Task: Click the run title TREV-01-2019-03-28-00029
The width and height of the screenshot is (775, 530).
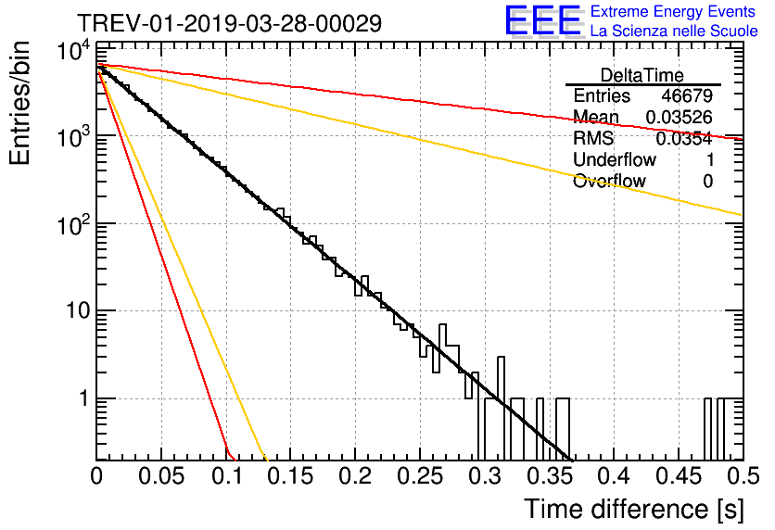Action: coord(229,23)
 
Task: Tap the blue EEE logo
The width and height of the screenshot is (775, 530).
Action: coord(543,20)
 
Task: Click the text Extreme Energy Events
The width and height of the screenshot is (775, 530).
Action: coord(673,11)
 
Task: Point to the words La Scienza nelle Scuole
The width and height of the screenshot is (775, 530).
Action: coord(674,32)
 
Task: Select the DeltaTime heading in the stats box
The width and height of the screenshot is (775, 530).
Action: coord(642,75)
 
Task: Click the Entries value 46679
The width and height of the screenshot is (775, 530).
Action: coord(687,95)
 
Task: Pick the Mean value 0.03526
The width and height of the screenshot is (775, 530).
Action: coord(680,117)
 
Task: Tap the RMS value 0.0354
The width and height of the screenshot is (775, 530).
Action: coord(684,139)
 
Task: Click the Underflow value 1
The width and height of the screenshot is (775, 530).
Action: coord(710,159)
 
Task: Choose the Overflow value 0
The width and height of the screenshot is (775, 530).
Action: coord(708,182)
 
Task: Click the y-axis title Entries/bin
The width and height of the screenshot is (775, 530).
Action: coord(19,103)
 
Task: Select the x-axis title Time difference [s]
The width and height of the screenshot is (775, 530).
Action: coord(634,509)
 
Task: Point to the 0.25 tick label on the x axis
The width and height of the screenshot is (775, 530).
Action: coord(420,476)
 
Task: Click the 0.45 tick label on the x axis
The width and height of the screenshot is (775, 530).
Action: coord(679,476)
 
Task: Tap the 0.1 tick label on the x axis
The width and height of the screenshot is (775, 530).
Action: coord(227,476)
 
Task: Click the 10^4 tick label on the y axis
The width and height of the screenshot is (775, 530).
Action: coord(73,50)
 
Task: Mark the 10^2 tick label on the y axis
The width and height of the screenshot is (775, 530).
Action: coord(73,225)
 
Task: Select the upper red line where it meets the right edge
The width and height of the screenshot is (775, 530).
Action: coord(743,139)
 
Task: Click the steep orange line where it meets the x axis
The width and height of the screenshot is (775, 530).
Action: coord(265,460)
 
